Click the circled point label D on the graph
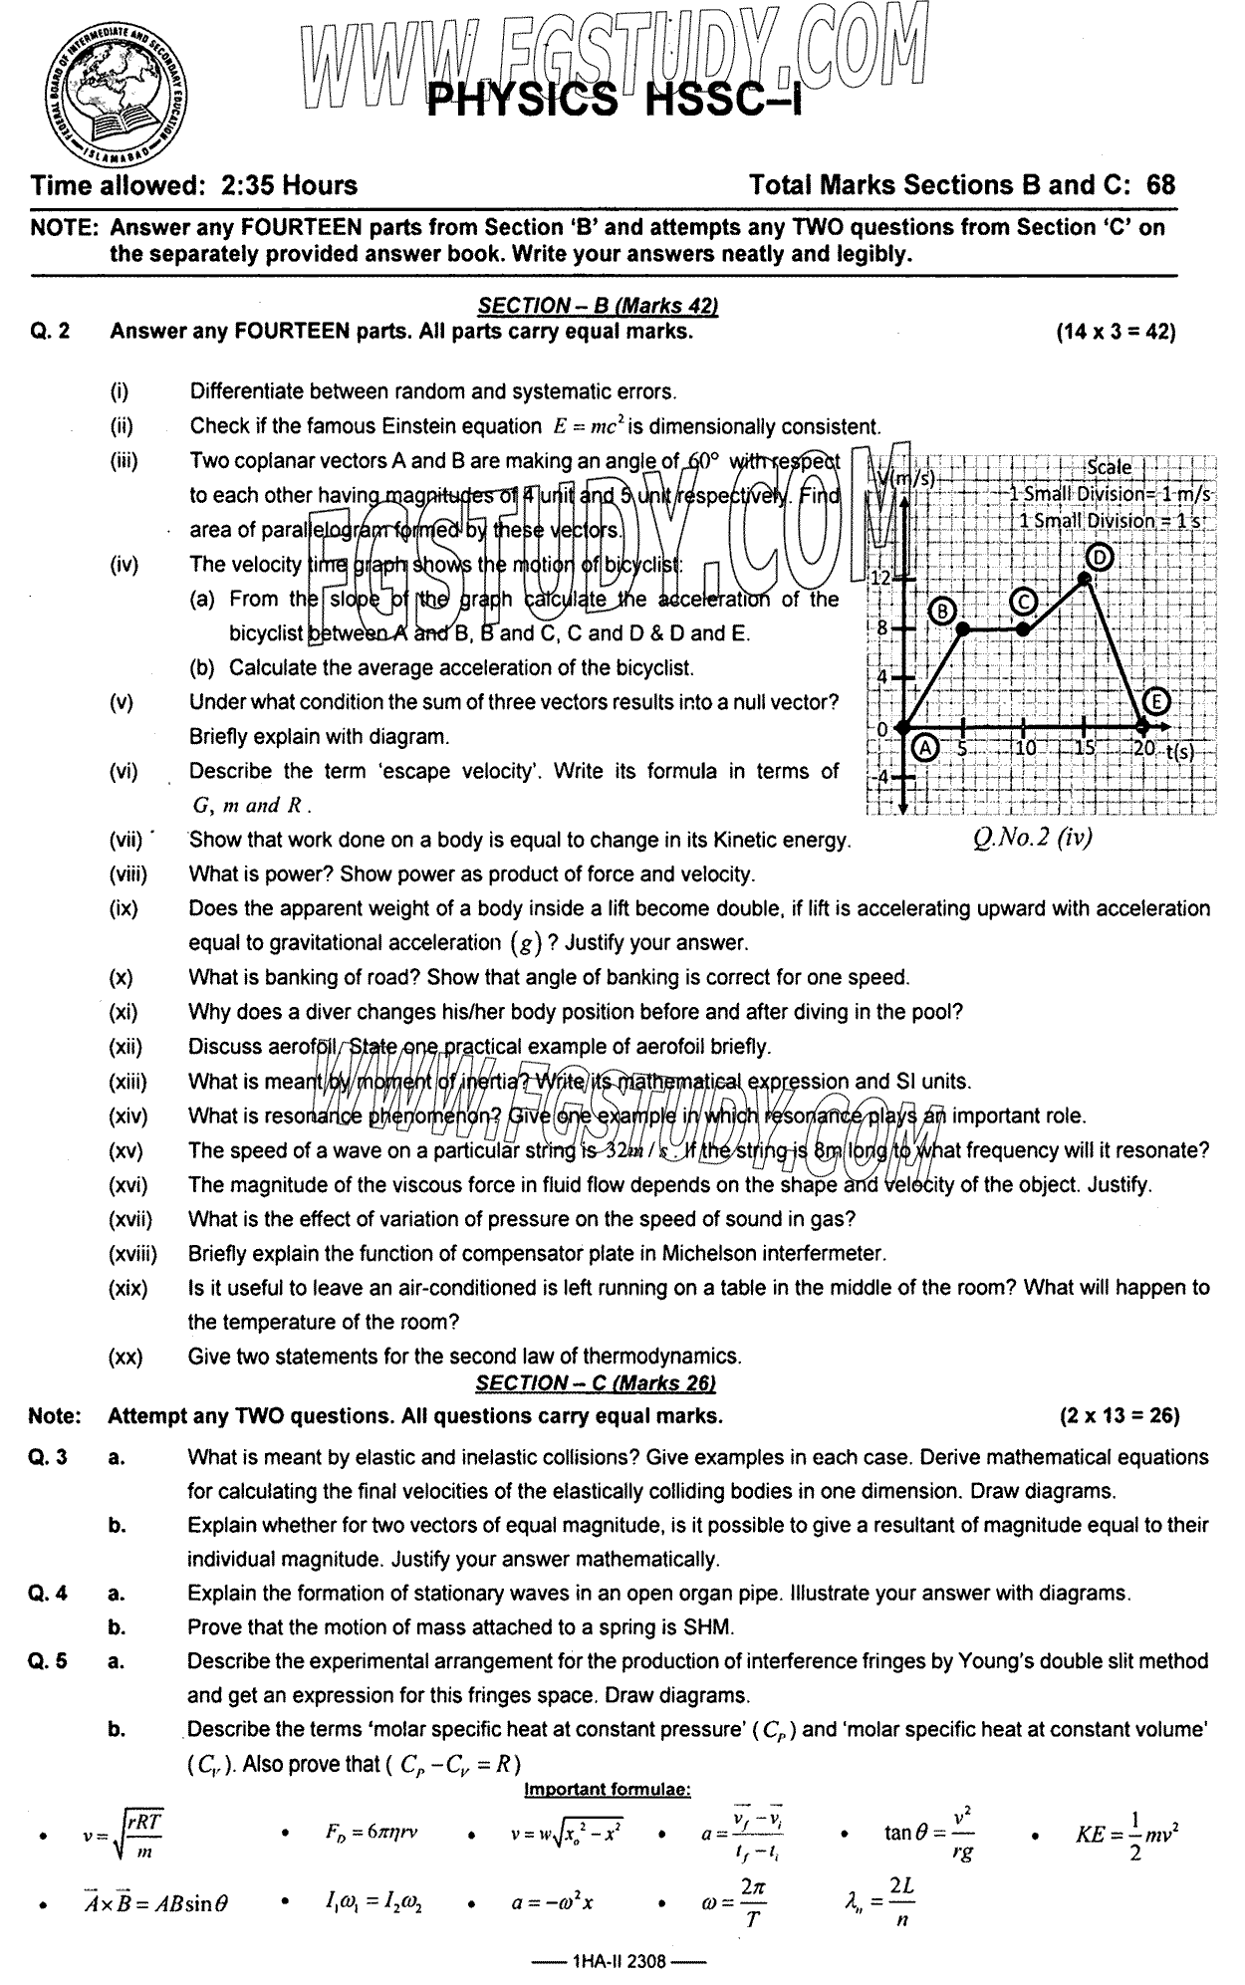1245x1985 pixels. (x=1098, y=559)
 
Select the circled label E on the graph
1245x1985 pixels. (x=1155, y=703)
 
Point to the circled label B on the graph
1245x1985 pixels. (x=942, y=611)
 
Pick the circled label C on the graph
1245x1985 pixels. (x=1023, y=601)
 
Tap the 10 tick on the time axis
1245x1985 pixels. (x=1027, y=748)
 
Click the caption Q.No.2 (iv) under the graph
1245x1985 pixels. (x=1033, y=838)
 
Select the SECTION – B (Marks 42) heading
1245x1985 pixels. (x=598, y=306)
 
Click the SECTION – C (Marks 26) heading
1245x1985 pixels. (x=596, y=1382)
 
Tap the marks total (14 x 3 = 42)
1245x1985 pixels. (x=1116, y=332)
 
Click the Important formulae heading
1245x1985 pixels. (x=607, y=1790)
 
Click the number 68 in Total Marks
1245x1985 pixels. (x=1160, y=185)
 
